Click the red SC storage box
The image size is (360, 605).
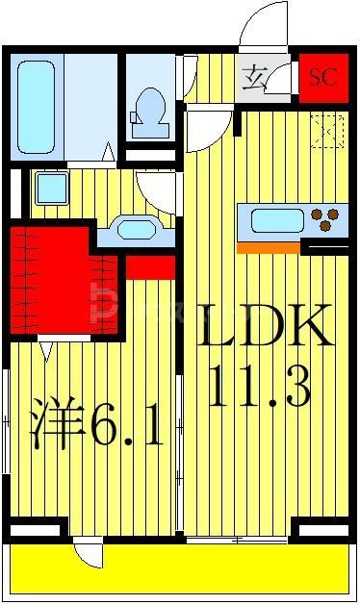[x=322, y=76]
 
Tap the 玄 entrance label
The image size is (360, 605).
[x=255, y=75]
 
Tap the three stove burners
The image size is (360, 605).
[x=329, y=220]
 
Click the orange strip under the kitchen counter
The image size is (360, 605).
[x=269, y=247]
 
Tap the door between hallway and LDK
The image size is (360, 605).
[x=207, y=130]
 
